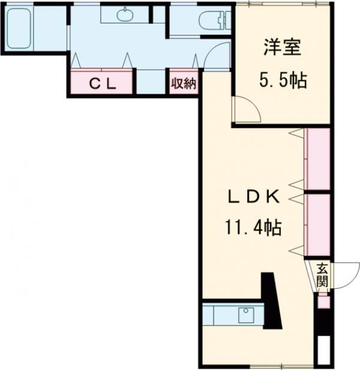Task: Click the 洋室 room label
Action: click(283, 47)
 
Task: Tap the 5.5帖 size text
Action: click(283, 80)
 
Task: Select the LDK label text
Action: click(253, 197)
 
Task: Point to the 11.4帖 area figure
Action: click(253, 228)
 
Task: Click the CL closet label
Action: click(103, 83)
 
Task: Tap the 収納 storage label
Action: click(184, 83)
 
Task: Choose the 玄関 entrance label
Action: click(322, 275)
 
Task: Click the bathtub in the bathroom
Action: click(19, 29)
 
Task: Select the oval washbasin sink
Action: click(125, 14)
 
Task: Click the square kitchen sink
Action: click(246, 315)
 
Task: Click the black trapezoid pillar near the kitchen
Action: click(272, 301)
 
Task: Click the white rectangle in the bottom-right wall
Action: click(323, 350)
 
